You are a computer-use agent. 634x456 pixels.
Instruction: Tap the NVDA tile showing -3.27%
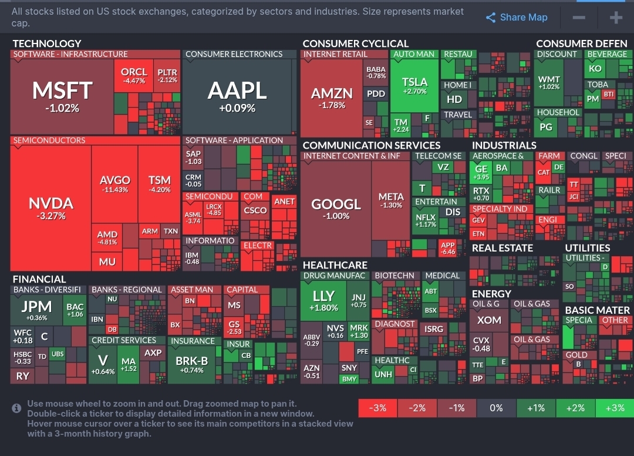tap(50, 208)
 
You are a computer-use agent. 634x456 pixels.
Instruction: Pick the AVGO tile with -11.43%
tap(114, 184)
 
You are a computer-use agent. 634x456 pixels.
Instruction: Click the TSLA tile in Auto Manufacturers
tap(415, 86)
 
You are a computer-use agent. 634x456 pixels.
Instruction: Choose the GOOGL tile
tap(335, 208)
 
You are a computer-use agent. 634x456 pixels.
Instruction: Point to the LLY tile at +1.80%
tap(323, 300)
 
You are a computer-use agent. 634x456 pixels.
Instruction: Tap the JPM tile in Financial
tap(36, 310)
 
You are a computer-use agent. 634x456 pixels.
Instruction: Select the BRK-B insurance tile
tap(192, 364)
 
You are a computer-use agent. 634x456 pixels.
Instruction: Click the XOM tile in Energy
tap(488, 320)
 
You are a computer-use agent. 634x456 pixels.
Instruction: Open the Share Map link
tap(517, 18)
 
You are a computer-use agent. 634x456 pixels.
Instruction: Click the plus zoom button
tap(616, 18)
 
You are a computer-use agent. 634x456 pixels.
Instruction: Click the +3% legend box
tap(614, 408)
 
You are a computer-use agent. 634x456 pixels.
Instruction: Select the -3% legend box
tap(377, 408)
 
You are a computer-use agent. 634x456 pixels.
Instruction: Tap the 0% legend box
tap(496, 408)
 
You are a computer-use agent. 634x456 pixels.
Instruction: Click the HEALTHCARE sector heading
tap(335, 265)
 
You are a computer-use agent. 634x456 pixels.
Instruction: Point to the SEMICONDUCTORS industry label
tap(49, 140)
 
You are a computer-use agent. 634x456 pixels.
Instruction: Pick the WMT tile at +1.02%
tap(549, 82)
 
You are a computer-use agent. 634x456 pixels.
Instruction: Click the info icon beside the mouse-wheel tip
tap(17, 408)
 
